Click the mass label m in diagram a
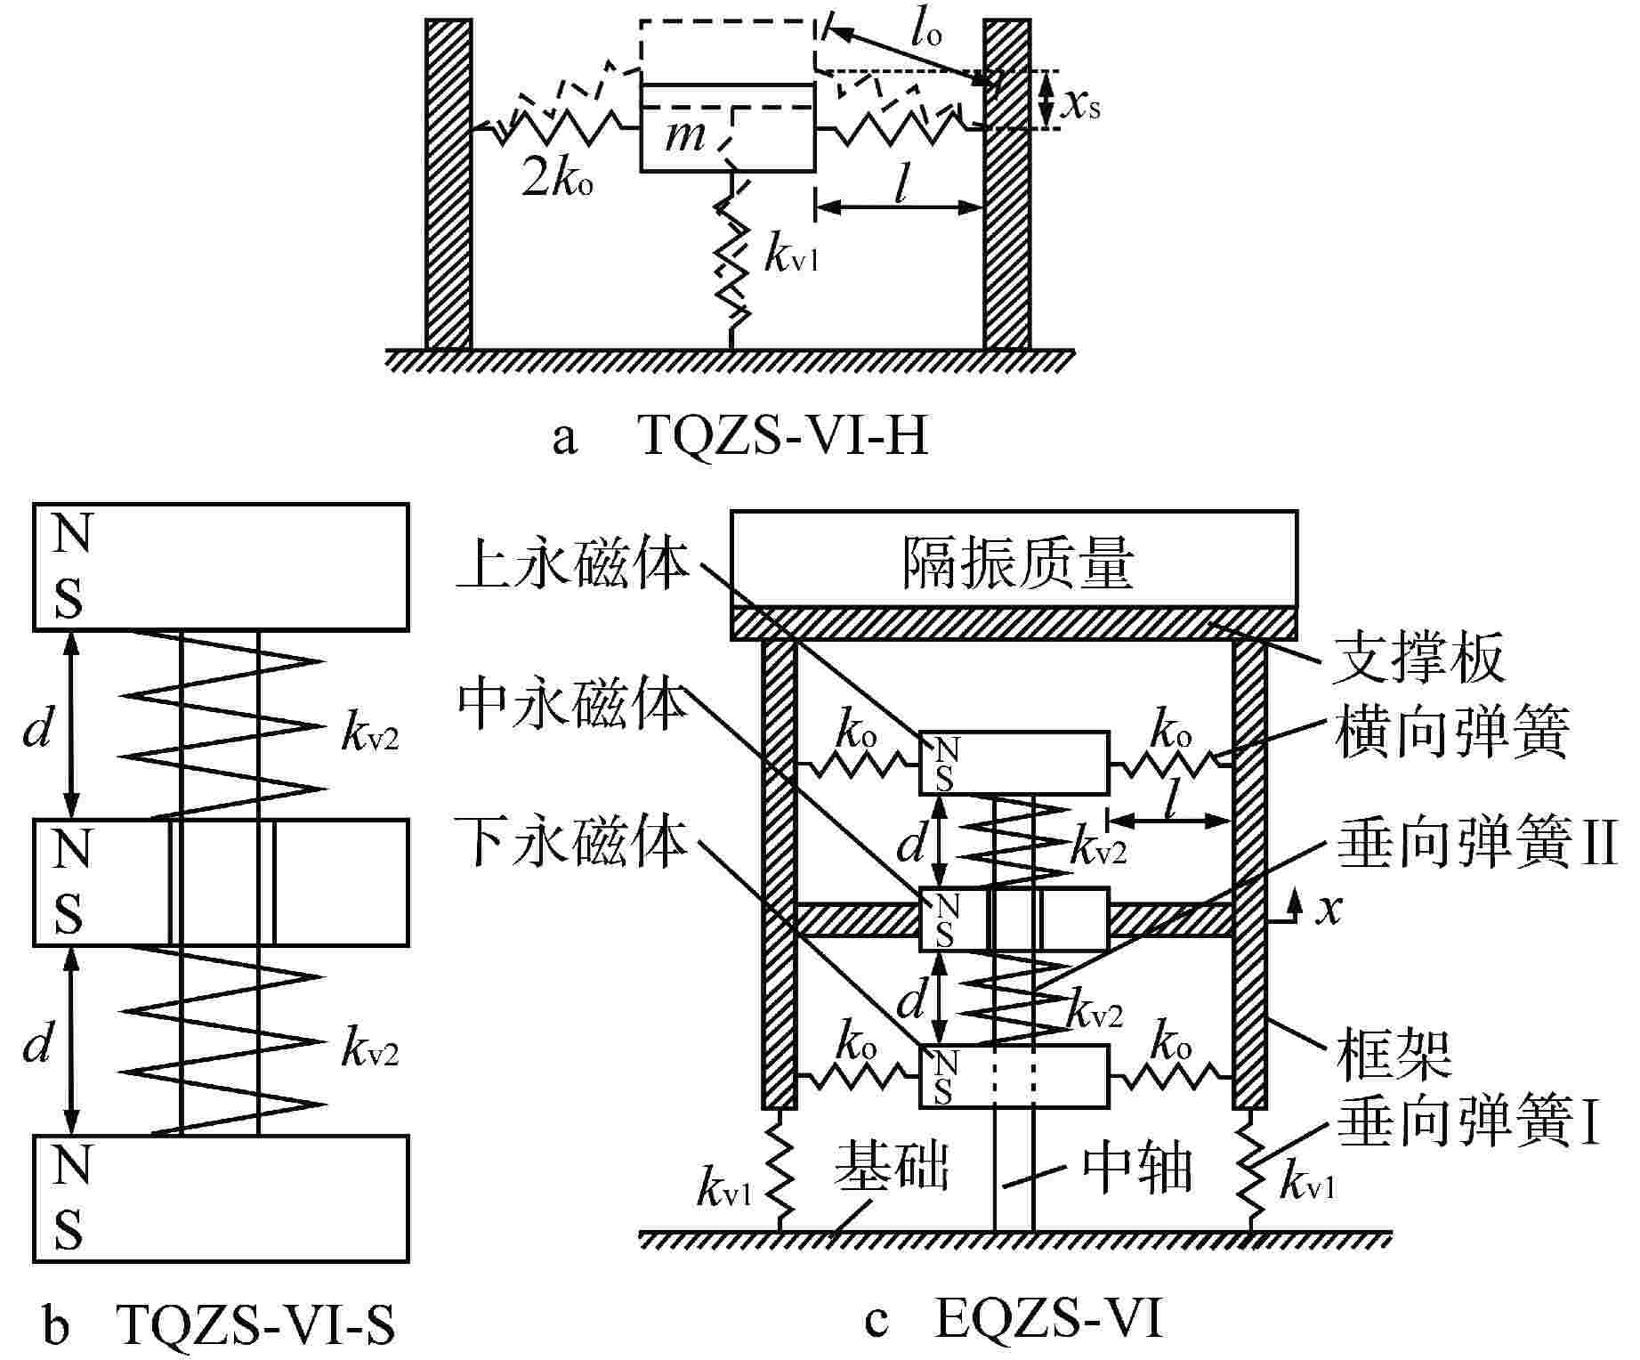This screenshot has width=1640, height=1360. pos(684,136)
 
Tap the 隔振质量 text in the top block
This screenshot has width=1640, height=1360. pos(1017,563)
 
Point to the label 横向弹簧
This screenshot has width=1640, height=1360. pos(1450,732)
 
